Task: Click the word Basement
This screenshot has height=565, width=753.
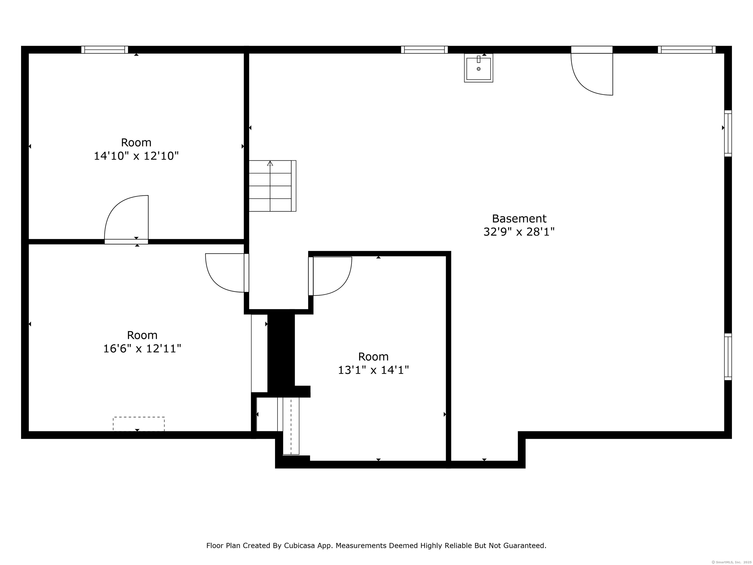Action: coord(519,218)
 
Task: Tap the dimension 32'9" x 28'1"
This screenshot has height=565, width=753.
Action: coord(519,232)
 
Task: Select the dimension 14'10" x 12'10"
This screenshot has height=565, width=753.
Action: coord(136,156)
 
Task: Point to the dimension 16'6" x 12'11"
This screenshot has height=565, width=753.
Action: coord(142,349)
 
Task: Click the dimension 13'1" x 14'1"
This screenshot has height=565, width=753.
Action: coord(374,370)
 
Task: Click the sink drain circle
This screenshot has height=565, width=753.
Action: coord(479,69)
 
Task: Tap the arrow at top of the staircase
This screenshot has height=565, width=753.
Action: coord(270,164)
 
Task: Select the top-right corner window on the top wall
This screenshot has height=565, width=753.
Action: coord(687,50)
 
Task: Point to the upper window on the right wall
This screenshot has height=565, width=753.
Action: coord(728,133)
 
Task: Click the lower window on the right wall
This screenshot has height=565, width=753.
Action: coord(728,357)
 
